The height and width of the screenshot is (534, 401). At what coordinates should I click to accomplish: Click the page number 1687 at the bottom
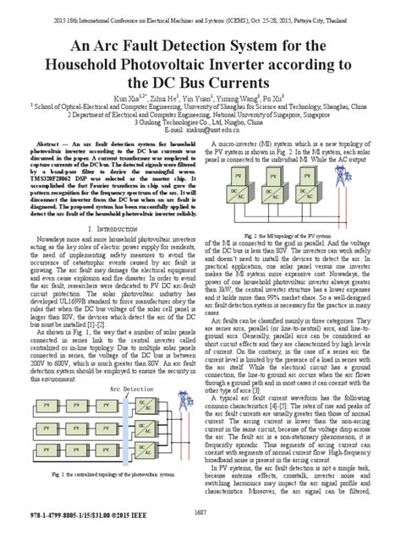[x=200, y=509]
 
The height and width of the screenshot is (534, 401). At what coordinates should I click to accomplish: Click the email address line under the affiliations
[x=200, y=131]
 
